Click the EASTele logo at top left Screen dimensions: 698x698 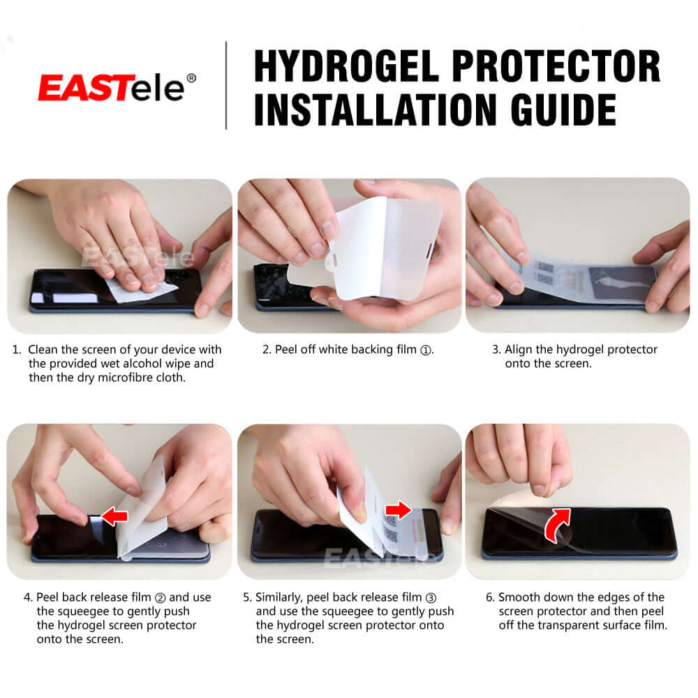112,88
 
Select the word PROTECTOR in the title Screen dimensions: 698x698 556,66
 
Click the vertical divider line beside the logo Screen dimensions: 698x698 226,85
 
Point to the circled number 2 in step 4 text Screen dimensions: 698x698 159,597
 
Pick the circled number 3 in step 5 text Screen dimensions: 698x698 431,597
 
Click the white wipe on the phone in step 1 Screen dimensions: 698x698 140,290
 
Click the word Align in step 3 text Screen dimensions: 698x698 519,350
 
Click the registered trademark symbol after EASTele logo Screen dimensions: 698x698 191,77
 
